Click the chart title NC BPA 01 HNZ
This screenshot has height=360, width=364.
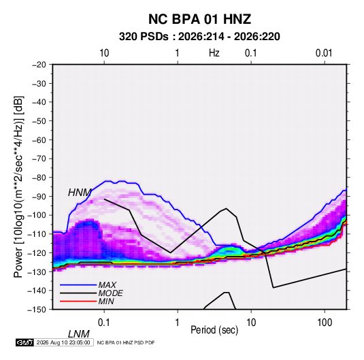[x=199, y=19]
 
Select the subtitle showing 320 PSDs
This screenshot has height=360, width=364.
[x=199, y=37]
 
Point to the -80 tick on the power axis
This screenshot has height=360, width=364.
[x=39, y=178]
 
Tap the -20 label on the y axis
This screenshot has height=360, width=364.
[x=39, y=65]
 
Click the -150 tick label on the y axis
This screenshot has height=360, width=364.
[x=37, y=310]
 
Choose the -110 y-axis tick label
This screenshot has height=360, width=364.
[x=37, y=234]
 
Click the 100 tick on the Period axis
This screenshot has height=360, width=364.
[x=325, y=322]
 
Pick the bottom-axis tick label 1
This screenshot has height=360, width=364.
[x=178, y=322]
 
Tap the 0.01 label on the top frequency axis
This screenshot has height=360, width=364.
[x=324, y=53]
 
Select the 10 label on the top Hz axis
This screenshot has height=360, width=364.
[x=104, y=53]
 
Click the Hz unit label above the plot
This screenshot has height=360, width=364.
[x=214, y=53]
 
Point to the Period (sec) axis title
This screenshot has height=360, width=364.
[x=214, y=330]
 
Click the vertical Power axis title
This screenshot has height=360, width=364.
[x=18, y=186]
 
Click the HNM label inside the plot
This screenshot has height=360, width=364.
[x=80, y=193]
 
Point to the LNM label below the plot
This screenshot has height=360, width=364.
[x=78, y=334]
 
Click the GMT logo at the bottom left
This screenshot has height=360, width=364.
[x=24, y=342]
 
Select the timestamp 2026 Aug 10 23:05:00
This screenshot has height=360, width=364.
[x=63, y=342]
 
